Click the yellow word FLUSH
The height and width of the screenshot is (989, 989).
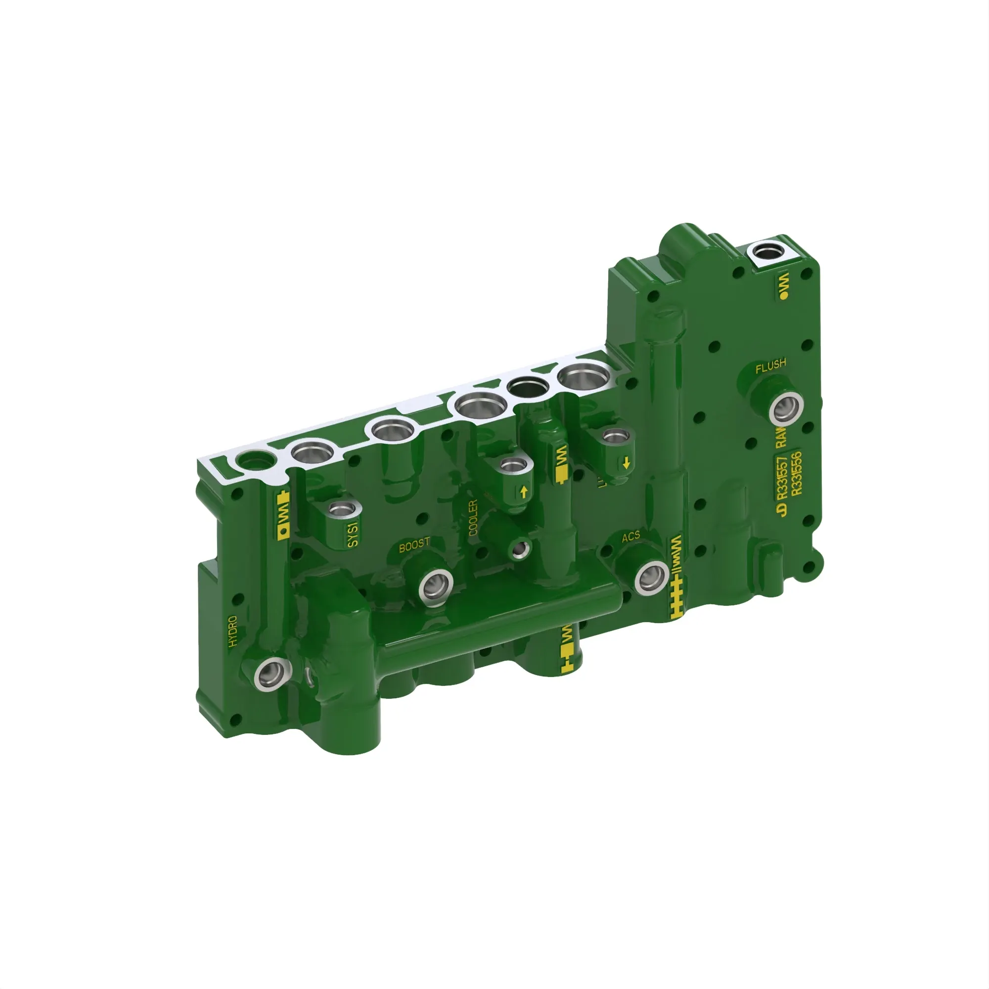[770, 366]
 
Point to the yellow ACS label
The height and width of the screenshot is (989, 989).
[630, 537]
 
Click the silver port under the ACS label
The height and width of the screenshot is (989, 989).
[652, 578]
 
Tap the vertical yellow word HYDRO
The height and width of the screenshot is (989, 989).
[233, 631]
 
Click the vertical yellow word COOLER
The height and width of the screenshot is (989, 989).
[473, 518]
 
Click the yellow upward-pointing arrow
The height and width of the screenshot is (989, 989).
[523, 492]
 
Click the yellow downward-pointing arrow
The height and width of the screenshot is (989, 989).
[626, 464]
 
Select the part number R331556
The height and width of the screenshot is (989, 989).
[796, 474]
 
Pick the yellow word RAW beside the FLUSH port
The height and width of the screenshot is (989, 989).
[781, 437]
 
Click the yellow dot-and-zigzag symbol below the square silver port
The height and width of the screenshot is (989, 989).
[784, 286]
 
